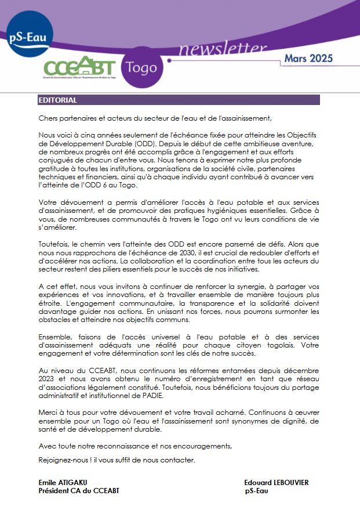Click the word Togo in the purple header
(x=141, y=67)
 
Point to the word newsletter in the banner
(x=214, y=50)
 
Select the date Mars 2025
(x=308, y=58)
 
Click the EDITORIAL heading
(x=58, y=100)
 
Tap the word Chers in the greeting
(x=48, y=118)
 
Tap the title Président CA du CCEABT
(x=79, y=491)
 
